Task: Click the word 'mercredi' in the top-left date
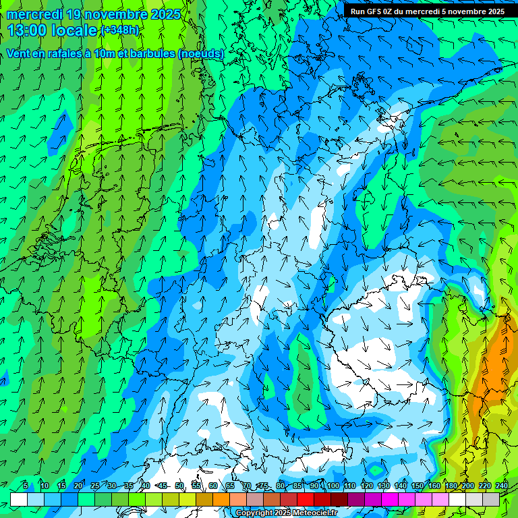pyautogui.click(x=34, y=14)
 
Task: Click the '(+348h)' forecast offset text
pyautogui.click(x=120, y=30)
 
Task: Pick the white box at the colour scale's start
pyautogui.click(x=19, y=499)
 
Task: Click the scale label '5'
pyautogui.click(x=26, y=486)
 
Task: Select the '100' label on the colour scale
pyautogui.click(x=333, y=486)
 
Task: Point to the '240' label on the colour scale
pyautogui.click(x=502, y=486)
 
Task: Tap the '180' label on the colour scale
pyautogui.click(x=451, y=486)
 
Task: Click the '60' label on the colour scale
pyautogui.click(x=213, y=486)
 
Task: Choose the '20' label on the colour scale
pyautogui.click(x=78, y=486)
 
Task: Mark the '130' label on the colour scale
pyautogui.click(x=384, y=486)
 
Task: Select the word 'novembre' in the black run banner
pyautogui.click(x=468, y=11)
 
